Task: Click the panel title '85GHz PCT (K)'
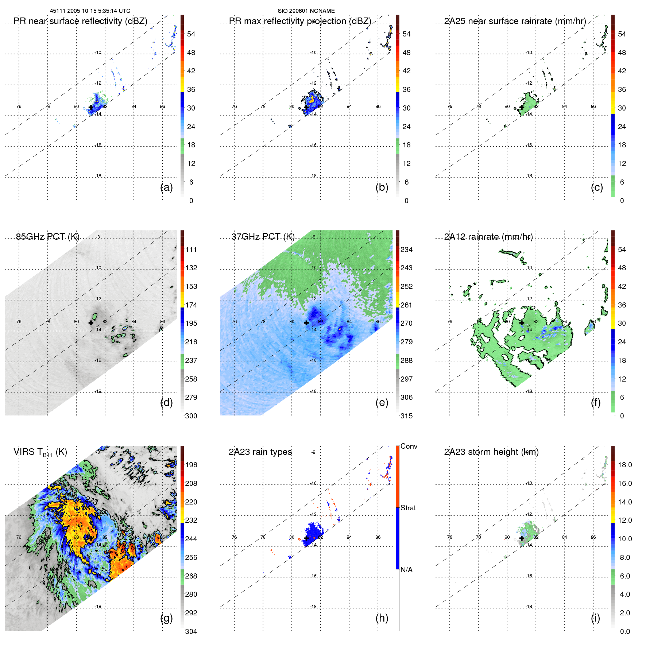(x=47, y=237)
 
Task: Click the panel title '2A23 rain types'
(x=260, y=452)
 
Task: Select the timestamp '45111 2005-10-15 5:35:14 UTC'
(x=90, y=11)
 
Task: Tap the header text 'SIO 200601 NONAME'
(x=306, y=11)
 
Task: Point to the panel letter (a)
(x=166, y=187)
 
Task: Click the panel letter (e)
(x=382, y=402)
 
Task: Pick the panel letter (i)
(x=595, y=618)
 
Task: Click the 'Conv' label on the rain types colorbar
(x=409, y=446)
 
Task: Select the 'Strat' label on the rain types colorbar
(x=408, y=508)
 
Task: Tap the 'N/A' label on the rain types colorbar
(x=406, y=570)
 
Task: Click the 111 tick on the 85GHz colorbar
(x=191, y=249)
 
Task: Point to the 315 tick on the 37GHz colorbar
(x=406, y=416)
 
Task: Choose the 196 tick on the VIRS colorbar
(x=191, y=465)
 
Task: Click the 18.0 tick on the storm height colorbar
(x=625, y=465)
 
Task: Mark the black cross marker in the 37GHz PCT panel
(x=306, y=323)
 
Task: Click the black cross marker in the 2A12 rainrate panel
(x=522, y=323)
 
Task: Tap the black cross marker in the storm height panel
(x=522, y=538)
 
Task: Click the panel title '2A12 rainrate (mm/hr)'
(x=488, y=237)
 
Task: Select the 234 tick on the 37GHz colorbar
(x=406, y=249)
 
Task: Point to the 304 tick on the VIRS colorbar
(x=191, y=631)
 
